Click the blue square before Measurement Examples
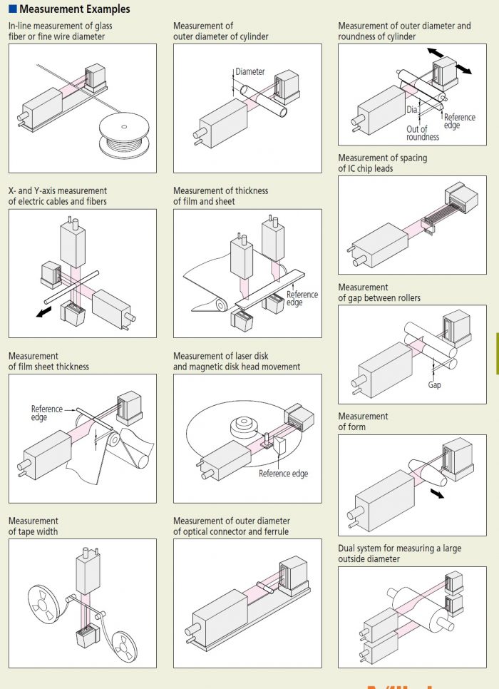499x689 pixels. pos(12,9)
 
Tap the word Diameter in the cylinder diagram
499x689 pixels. pos(250,72)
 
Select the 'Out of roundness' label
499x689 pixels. pos(422,133)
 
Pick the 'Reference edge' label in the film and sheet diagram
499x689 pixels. pos(302,298)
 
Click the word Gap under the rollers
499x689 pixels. pos(434,384)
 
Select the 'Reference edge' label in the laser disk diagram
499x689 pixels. pos(283,474)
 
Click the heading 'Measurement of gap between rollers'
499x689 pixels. pos(379,292)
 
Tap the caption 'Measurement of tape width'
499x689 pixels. pos(34,526)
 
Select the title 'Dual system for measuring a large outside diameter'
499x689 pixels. pos(399,553)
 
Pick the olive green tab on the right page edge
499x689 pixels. pos(496,353)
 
